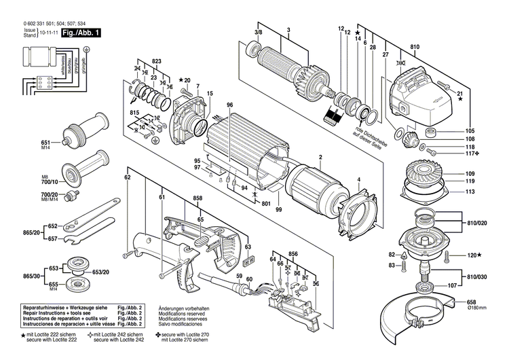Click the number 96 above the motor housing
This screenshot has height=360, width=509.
[x=230, y=104]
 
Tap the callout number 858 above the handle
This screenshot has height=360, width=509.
[x=197, y=198]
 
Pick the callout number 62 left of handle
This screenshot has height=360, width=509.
[x=127, y=177]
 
